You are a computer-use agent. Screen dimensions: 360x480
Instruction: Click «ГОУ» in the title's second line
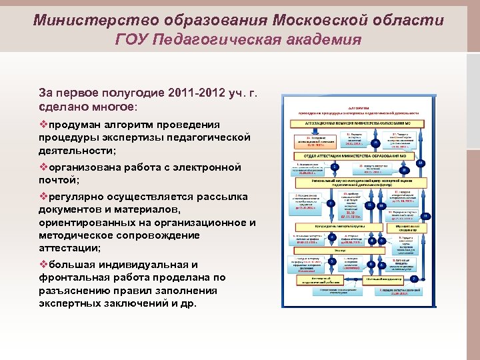(x=131, y=39)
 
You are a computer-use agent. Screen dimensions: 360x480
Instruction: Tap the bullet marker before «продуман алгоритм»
(x=43, y=125)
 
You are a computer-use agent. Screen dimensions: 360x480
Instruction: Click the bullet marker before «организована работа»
(x=43, y=167)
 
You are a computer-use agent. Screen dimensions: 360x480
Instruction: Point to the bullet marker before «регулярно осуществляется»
(x=43, y=197)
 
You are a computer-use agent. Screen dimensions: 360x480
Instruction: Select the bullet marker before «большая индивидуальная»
(x=43, y=265)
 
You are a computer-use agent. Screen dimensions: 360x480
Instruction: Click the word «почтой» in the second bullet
(x=58, y=180)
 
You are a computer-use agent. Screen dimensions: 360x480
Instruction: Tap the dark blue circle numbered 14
(x=420, y=163)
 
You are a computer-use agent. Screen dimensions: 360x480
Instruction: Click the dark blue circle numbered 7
(x=413, y=278)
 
